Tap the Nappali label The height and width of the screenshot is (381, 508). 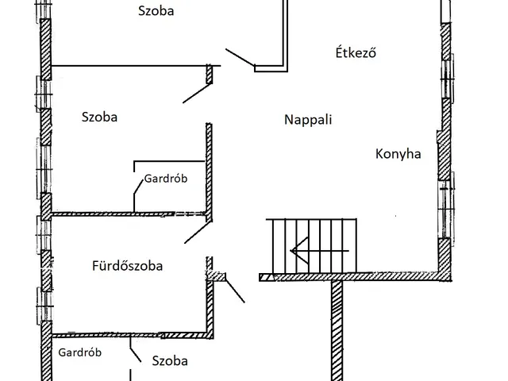pyautogui.click(x=307, y=121)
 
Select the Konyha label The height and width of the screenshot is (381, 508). pyautogui.click(x=398, y=154)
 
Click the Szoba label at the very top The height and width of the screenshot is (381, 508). pyautogui.click(x=156, y=11)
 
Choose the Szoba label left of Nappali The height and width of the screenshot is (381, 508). pyautogui.click(x=99, y=117)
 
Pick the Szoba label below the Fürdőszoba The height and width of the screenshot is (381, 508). pyautogui.click(x=170, y=360)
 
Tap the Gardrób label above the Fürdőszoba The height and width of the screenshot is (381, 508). pyautogui.click(x=165, y=179)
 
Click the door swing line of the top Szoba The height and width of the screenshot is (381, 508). pyautogui.click(x=239, y=56)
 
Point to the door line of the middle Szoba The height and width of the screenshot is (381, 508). pyautogui.click(x=196, y=91)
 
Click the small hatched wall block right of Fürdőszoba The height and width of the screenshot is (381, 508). pyautogui.click(x=217, y=277)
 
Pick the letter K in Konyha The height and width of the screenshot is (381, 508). pyautogui.click(x=379, y=154)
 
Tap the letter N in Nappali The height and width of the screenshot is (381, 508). pyautogui.click(x=288, y=121)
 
